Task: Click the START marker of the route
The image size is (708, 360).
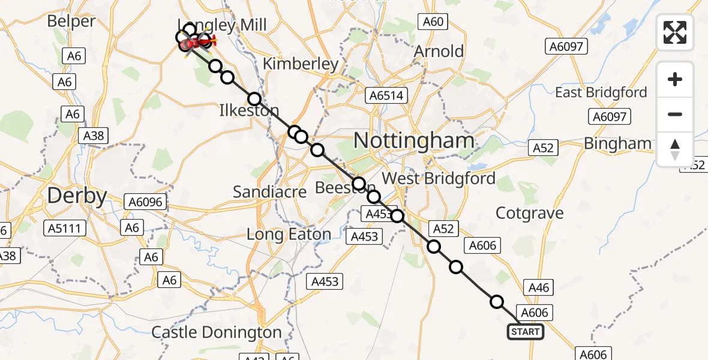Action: [526, 332]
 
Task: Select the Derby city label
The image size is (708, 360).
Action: [77, 196]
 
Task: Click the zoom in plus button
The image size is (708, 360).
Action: [675, 80]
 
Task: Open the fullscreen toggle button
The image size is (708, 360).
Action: [675, 32]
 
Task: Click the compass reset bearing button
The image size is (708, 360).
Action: [675, 149]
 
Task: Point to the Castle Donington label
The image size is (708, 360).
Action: [216, 332]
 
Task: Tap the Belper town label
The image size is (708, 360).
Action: [71, 22]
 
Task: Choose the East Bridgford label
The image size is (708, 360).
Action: [601, 92]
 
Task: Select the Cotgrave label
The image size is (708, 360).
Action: [530, 213]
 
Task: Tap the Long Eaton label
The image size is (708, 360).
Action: [289, 235]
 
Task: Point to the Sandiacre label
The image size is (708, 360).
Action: [269, 192]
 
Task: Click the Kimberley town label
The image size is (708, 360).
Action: [301, 64]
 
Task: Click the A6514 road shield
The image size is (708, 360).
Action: [388, 95]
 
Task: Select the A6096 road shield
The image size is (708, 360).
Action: [144, 202]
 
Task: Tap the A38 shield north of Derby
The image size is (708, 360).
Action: [94, 136]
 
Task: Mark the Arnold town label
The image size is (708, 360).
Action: [439, 52]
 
